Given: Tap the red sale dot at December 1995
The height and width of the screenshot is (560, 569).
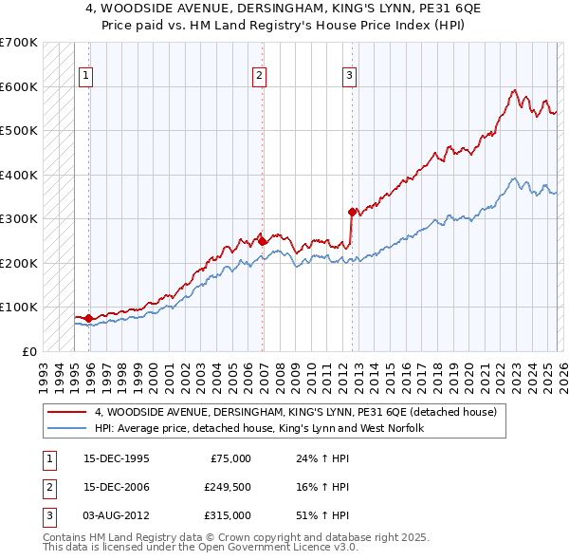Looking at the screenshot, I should click(x=89, y=318).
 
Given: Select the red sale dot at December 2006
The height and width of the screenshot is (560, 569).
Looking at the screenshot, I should click(x=263, y=241).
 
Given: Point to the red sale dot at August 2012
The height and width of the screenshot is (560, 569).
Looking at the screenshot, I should click(x=352, y=212).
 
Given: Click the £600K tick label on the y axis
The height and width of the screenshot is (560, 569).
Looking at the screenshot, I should click(x=18, y=86).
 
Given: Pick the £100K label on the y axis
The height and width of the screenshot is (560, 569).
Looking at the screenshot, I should click(x=18, y=307).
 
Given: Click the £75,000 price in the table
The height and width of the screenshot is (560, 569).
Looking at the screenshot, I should click(x=229, y=458).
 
